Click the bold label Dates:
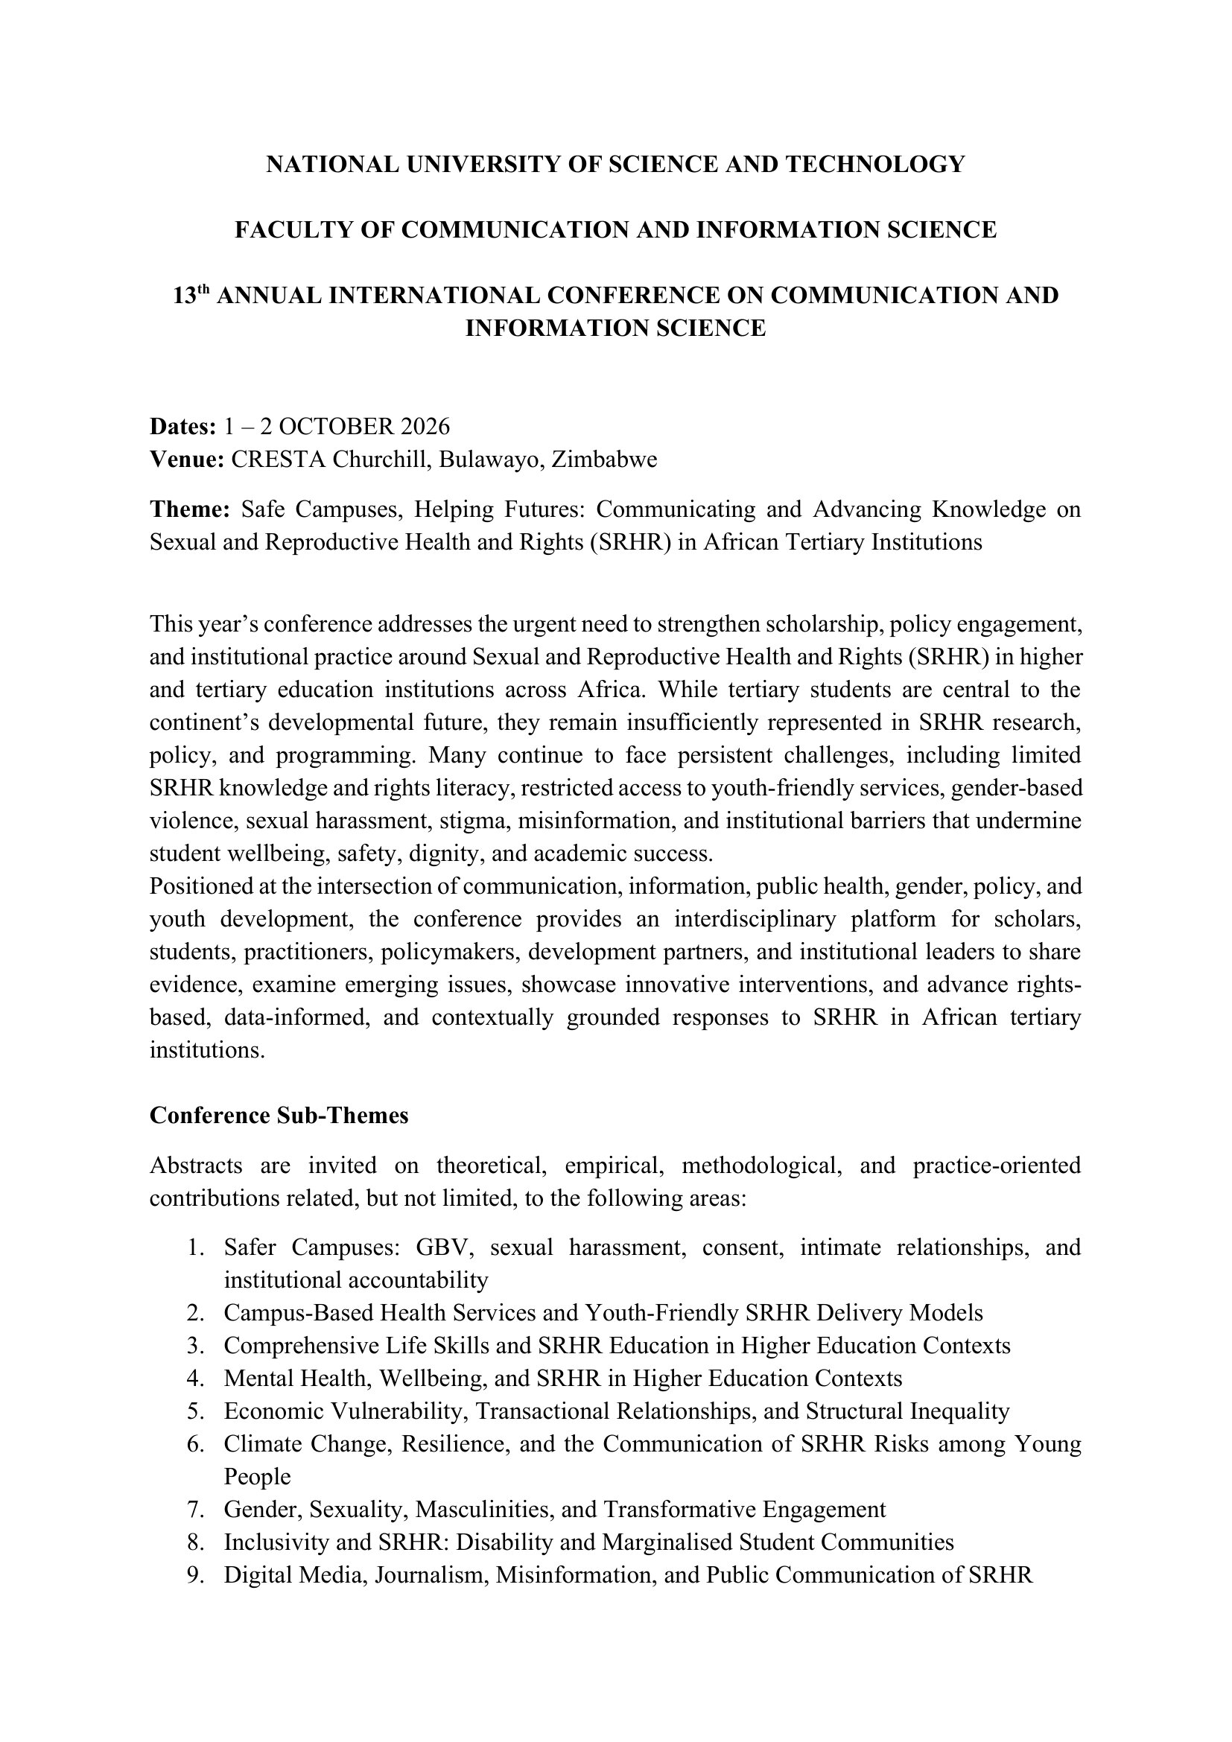pos(183,427)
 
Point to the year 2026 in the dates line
pos(425,427)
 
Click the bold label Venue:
pos(187,460)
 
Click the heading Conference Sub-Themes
pos(279,1116)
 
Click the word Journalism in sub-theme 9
pos(428,1575)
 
